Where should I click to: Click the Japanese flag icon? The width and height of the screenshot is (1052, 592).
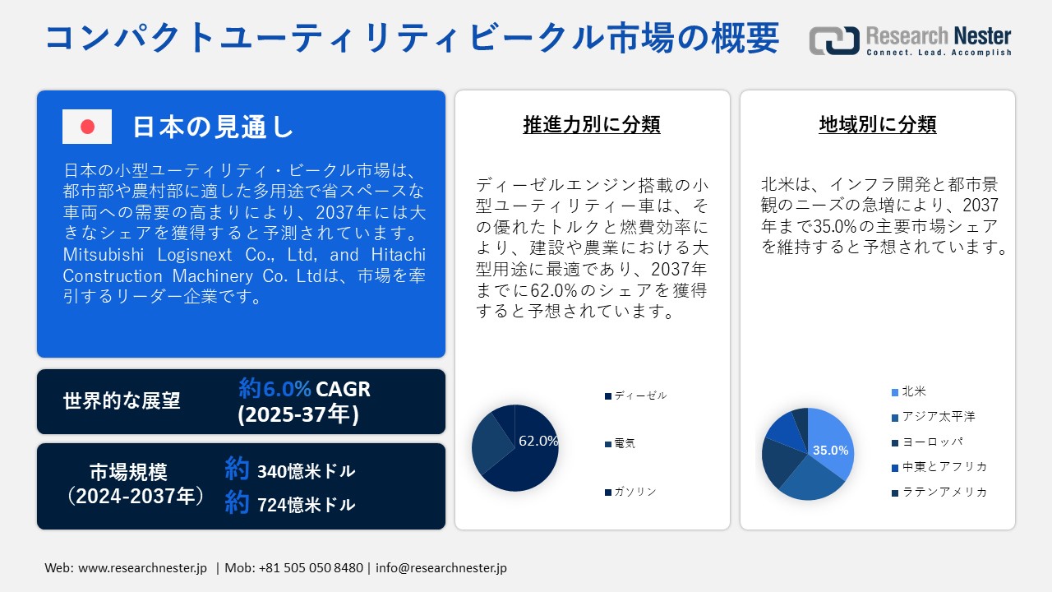pos(86,127)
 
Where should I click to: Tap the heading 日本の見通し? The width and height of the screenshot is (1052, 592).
pos(213,127)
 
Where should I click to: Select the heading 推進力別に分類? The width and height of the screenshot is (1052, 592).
pos(592,124)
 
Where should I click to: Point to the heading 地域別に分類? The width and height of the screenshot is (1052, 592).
pos(878,124)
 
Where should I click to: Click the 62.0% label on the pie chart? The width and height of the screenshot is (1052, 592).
pos(538,441)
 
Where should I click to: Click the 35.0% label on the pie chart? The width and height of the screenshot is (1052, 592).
pos(830,451)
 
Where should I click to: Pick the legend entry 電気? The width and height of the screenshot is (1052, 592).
pos(624,443)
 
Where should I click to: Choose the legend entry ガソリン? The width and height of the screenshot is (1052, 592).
pos(634,492)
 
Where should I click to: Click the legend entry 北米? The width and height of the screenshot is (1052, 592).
pos(913,391)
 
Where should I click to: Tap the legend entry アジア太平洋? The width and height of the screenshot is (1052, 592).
pos(938,417)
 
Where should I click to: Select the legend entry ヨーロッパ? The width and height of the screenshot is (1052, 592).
pos(932,442)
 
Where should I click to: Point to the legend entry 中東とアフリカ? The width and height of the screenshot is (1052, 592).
pos(944,467)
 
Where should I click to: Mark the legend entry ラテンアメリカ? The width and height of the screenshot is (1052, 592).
pos(944,492)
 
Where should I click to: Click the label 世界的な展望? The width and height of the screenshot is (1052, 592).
pos(122,400)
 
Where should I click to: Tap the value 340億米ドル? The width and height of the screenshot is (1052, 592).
pos(306,471)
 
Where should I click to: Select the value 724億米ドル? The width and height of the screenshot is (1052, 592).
pos(306,504)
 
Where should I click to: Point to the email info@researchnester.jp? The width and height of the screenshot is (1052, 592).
pos(441,568)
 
